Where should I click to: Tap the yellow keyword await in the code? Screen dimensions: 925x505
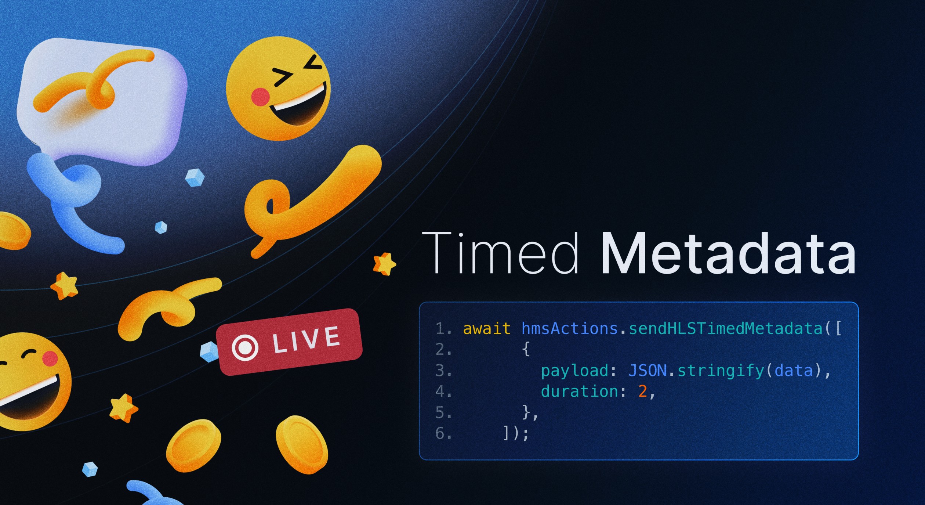click(486, 328)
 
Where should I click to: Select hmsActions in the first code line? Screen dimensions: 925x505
click(569, 328)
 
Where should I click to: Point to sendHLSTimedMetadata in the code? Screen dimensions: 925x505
click(725, 328)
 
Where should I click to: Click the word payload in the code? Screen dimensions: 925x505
click(574, 371)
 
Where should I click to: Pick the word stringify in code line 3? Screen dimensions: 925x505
click(721, 371)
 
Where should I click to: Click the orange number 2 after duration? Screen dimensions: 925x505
click(642, 392)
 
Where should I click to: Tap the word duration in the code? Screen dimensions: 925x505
click(580, 392)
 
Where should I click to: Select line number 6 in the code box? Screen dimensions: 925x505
click(440, 433)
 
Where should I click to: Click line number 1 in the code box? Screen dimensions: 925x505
click(440, 328)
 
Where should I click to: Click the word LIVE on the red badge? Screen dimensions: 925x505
click(306, 340)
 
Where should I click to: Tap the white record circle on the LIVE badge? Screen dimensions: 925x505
click(245, 347)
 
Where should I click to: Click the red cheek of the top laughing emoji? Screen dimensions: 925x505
click(260, 97)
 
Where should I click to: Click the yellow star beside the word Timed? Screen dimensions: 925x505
click(384, 264)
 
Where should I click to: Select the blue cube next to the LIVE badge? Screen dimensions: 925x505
click(209, 351)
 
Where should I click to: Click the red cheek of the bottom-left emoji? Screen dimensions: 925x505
click(50, 358)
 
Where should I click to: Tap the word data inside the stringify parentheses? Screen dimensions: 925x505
click(794, 371)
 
